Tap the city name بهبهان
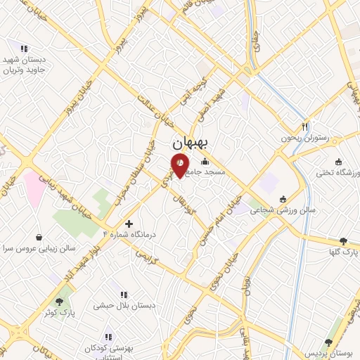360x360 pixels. tap(191, 143)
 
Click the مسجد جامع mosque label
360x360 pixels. tap(206, 171)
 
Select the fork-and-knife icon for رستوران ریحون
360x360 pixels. tap(304, 127)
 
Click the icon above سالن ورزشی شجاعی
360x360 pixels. tap(283, 198)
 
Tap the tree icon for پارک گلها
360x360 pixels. tap(343, 240)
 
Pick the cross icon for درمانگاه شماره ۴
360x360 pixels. tap(128, 223)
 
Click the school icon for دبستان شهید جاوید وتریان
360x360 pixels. tap(24, 49)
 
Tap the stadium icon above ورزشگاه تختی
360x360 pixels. tap(338, 161)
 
